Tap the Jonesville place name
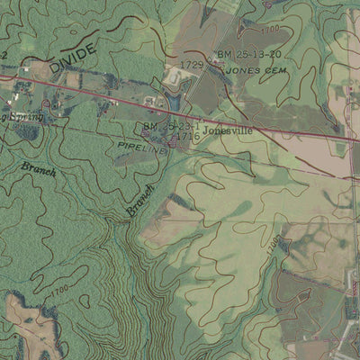(x=228, y=130)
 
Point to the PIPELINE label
(x=142, y=147)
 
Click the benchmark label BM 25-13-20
(x=249, y=55)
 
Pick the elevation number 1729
(x=192, y=65)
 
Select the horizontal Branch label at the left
(x=39, y=169)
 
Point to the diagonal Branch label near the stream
(x=140, y=200)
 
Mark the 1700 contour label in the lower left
(x=58, y=290)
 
